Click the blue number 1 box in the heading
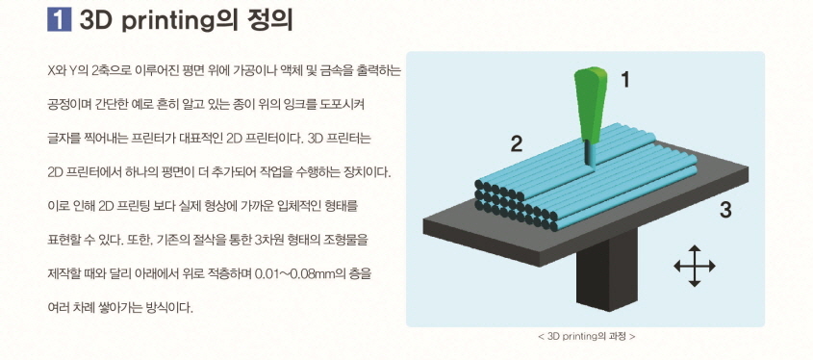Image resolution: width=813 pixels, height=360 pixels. [x=61, y=20]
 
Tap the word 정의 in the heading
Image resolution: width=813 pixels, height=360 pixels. [x=266, y=20]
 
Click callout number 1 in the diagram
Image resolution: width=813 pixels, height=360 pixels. [x=624, y=81]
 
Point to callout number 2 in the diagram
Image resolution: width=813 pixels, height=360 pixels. [x=517, y=144]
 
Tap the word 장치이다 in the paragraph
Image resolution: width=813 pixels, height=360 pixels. [x=353, y=172]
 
